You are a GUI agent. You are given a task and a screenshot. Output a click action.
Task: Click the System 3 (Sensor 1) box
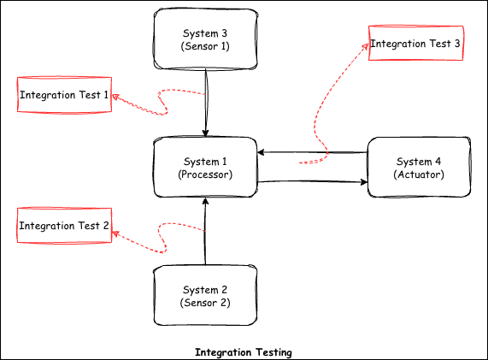pos(205,38)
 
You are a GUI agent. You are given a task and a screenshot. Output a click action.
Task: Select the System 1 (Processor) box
pos(205,168)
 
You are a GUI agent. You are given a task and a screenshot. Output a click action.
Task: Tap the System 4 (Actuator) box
pos(419,168)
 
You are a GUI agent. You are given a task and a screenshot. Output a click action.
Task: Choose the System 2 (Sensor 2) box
pos(205,296)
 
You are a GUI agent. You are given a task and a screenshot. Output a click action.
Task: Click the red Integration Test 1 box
pos(64,95)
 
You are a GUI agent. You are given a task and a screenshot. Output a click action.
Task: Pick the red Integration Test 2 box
pos(64,227)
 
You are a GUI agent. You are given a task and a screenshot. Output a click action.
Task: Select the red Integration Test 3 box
pos(415,43)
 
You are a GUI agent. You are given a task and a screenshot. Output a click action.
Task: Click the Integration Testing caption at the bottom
pos(244,352)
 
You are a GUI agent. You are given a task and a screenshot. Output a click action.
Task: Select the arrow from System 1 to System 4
pos(312,181)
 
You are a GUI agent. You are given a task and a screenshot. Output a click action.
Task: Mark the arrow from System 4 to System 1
pos(312,153)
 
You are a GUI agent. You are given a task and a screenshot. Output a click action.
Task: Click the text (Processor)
pos(205,174)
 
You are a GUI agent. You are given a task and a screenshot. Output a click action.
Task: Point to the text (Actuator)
pos(419,174)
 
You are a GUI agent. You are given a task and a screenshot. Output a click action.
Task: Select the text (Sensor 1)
pos(205,46)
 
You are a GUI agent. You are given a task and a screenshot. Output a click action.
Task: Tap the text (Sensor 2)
pos(205,303)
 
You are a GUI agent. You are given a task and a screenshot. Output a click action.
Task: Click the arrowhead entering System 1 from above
pos(206,133)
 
